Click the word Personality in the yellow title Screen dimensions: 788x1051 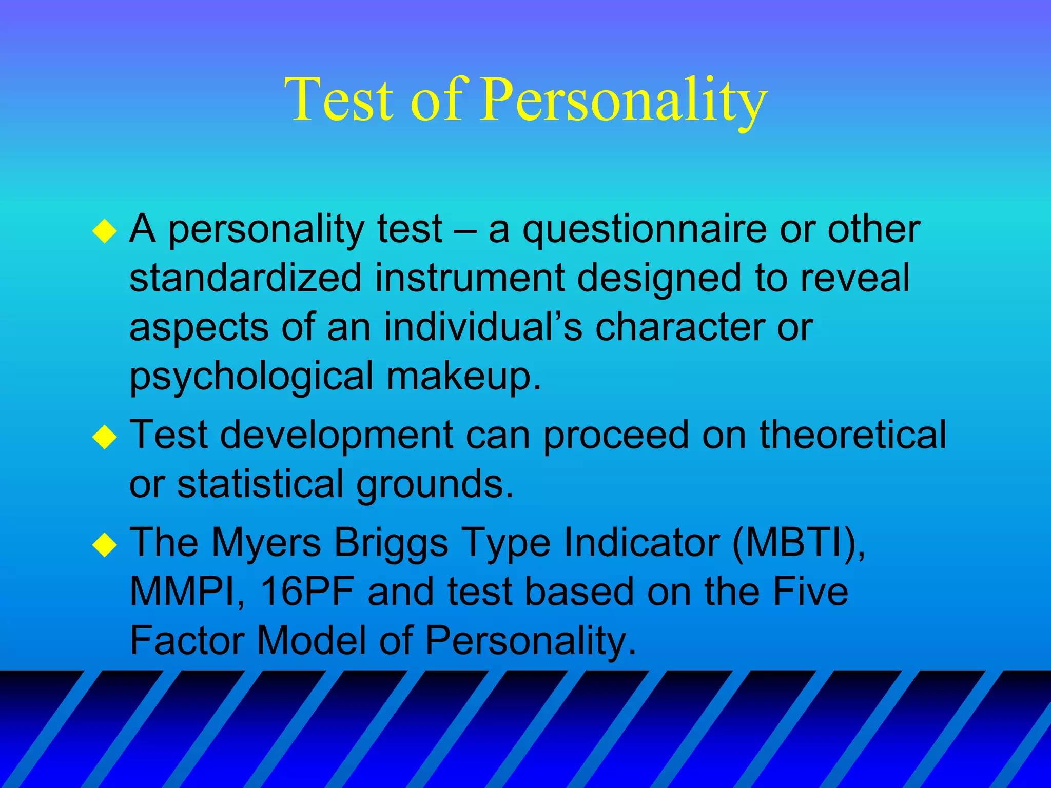tap(623, 100)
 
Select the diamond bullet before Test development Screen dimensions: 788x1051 tap(105, 437)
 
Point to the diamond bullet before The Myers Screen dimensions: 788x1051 tap(105, 545)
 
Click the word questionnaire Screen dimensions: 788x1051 tap(645, 230)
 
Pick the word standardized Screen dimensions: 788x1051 tap(245, 278)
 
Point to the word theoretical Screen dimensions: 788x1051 tap(852, 435)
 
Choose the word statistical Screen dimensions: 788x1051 tap(260, 483)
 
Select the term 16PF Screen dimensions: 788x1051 tap(307, 592)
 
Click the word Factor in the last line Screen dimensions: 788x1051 tap(187, 640)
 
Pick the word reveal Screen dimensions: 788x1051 tap(854, 278)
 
